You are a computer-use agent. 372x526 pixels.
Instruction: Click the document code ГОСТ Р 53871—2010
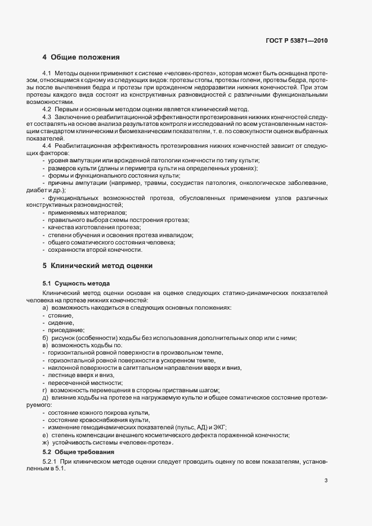(296, 41)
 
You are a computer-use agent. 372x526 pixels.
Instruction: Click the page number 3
(326, 480)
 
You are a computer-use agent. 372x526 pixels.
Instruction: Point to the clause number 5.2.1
(51, 461)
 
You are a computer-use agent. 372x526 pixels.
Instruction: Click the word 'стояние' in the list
(61, 316)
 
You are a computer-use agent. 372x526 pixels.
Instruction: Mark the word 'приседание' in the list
(66, 330)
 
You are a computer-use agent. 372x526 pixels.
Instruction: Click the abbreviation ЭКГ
(218, 428)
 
